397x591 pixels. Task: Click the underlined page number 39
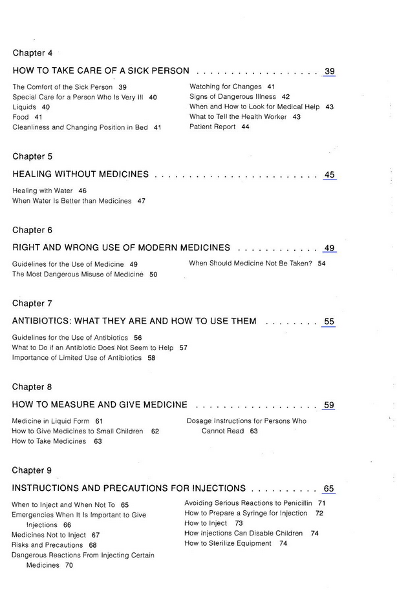coord(329,71)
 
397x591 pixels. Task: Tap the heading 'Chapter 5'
coord(32,156)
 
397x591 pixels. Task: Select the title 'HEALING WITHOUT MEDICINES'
coord(81,174)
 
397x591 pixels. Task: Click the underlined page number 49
coord(329,247)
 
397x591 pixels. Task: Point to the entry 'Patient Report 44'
coord(219,127)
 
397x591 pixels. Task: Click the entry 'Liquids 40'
coord(31,107)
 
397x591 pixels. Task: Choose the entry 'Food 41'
coord(27,117)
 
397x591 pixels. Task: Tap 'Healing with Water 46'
coord(49,191)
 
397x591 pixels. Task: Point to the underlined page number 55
coord(329,321)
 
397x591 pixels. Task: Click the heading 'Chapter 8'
coord(32,387)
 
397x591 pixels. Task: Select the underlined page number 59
coord(329,405)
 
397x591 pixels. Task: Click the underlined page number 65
coord(329,488)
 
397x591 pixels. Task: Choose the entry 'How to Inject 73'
coord(213,523)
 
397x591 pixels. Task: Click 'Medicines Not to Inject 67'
coord(56,535)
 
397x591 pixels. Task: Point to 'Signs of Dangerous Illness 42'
coord(239,96)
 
